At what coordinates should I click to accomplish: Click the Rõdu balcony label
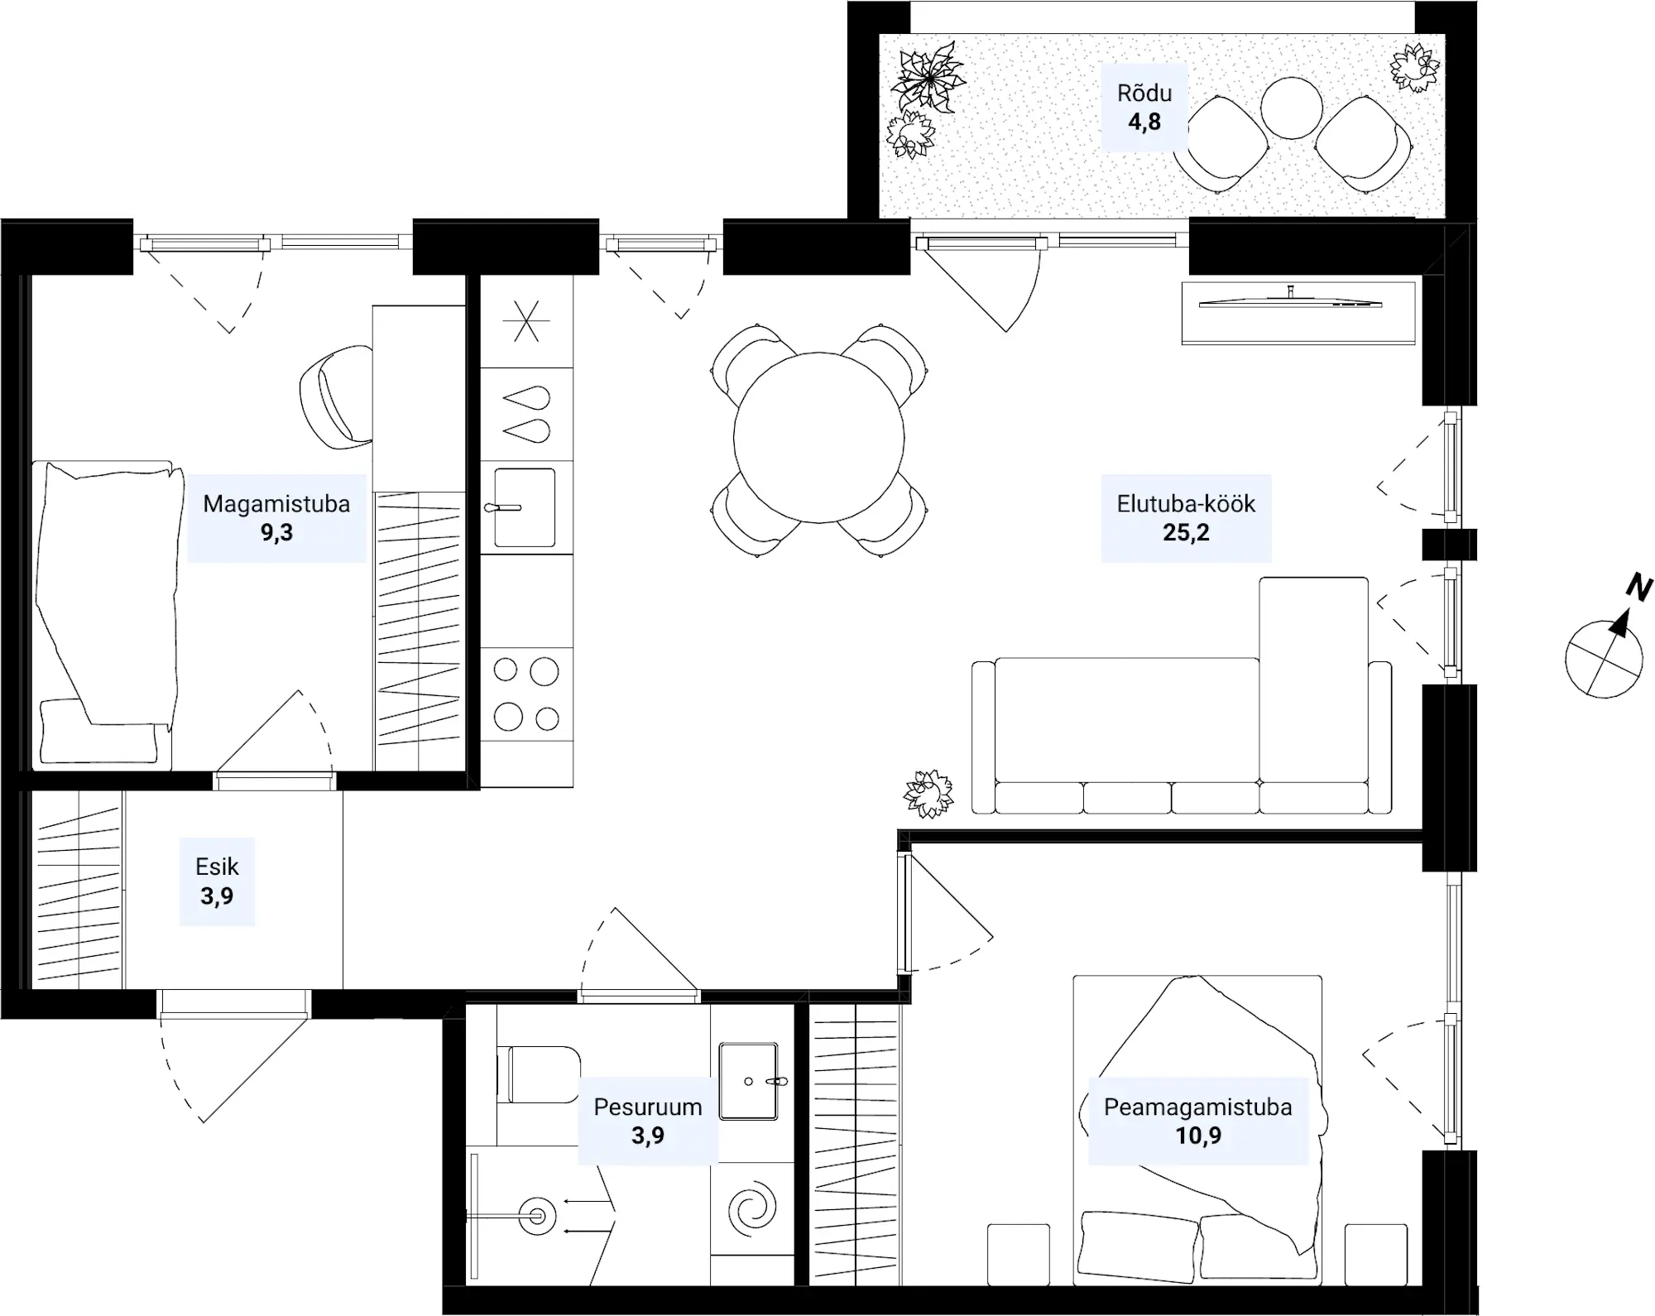[x=1144, y=93]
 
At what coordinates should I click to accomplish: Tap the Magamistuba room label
[x=276, y=503]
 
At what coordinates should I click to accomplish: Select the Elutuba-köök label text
[x=1186, y=503]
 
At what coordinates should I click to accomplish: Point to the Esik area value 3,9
[x=217, y=896]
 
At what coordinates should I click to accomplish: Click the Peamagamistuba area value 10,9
[x=1198, y=1135]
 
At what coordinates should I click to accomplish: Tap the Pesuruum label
[x=648, y=1107]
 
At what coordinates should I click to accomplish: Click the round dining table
[x=818, y=437]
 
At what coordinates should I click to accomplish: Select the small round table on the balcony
[x=1291, y=108]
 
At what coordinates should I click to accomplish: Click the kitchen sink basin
[x=525, y=507]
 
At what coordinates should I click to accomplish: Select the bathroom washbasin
[x=748, y=1081]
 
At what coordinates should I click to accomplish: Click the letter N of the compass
[x=1638, y=587]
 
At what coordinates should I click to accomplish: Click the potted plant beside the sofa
[x=928, y=794]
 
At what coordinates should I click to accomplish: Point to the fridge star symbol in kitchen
[x=526, y=321]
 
